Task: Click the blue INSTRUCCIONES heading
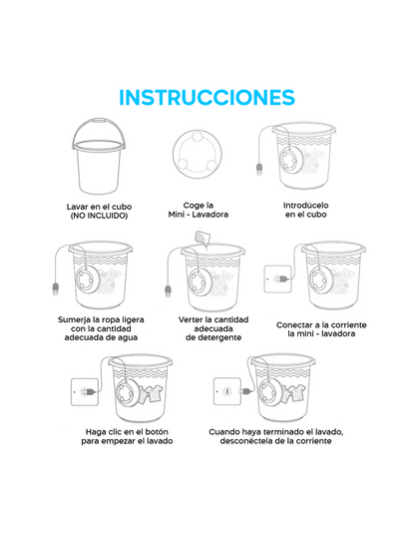point(207,97)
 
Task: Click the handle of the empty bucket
point(99,121)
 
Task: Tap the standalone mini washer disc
point(197,154)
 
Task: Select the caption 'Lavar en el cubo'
point(99,207)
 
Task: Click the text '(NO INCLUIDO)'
point(99,216)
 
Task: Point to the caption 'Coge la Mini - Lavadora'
point(199,210)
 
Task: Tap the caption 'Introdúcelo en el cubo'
point(306,210)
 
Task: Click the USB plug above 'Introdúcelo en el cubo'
point(259,170)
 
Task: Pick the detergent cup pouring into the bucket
point(203,238)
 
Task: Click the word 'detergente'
point(213,337)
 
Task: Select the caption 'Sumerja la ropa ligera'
point(101,319)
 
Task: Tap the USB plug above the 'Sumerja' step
point(56,288)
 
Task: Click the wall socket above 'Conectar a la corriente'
point(277,279)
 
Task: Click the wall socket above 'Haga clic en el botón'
point(85,392)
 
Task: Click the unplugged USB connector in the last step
point(247,390)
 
